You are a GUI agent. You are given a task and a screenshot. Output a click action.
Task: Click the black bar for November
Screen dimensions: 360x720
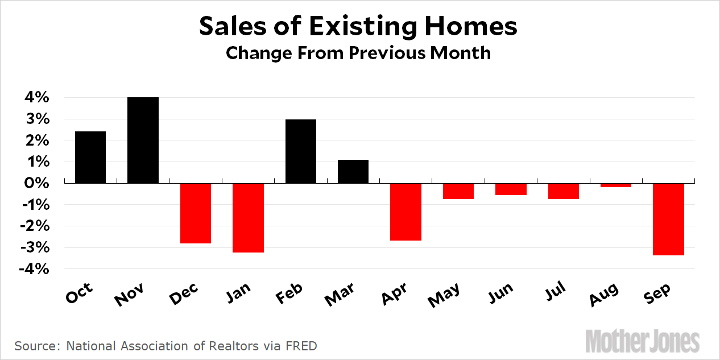(143, 140)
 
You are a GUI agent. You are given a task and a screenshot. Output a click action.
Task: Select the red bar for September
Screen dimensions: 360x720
(669, 219)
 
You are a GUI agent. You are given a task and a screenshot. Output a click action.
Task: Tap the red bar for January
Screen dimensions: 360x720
(248, 217)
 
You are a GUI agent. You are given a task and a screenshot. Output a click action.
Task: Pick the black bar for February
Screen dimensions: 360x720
(301, 151)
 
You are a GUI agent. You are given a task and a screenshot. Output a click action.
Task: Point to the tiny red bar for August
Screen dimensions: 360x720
(616, 185)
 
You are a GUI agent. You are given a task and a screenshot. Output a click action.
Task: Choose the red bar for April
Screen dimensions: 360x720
(406, 212)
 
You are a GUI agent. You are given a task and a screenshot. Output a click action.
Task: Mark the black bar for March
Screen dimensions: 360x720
(353, 171)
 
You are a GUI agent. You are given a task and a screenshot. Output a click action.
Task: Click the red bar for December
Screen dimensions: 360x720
(196, 213)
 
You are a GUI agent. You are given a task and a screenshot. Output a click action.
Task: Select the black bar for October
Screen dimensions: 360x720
(90, 157)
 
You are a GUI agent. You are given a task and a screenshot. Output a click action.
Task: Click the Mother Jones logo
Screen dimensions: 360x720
(643, 341)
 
